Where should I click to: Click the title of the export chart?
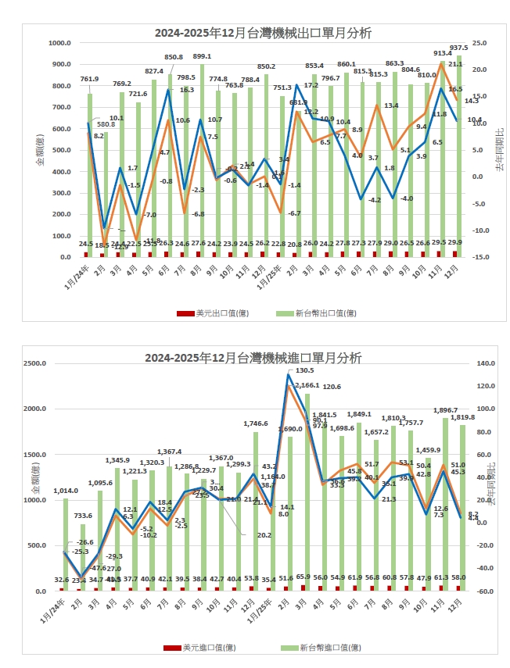[x=263, y=33]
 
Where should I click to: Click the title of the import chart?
[x=253, y=358]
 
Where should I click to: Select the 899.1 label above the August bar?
[x=203, y=56]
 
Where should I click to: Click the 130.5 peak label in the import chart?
[x=304, y=370]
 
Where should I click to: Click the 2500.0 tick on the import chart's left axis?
[x=35, y=364]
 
